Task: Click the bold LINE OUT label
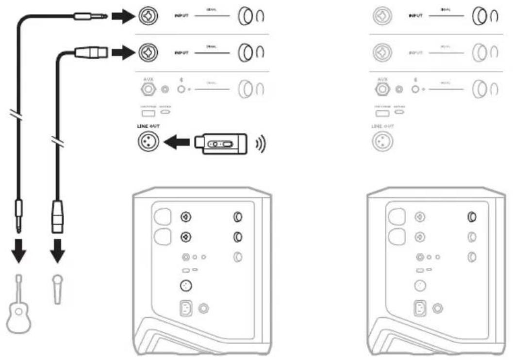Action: coord(149,126)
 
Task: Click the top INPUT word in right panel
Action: coord(415,16)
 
